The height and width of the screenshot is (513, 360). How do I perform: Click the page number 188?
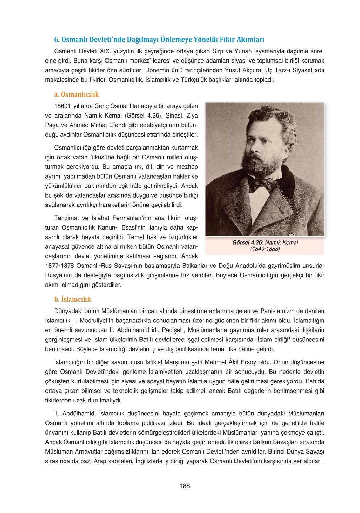pyautogui.click(x=184, y=486)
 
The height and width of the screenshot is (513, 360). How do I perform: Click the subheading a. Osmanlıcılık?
pyautogui.click(x=76, y=94)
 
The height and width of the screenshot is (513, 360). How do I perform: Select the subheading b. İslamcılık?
pyautogui.click(x=72, y=299)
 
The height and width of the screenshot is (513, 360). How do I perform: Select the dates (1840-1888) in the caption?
pyautogui.click(x=265, y=249)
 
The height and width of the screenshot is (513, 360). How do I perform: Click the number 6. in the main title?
pyautogui.click(x=57, y=40)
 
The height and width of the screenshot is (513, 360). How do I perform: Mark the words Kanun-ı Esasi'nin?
pyautogui.click(x=117, y=227)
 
